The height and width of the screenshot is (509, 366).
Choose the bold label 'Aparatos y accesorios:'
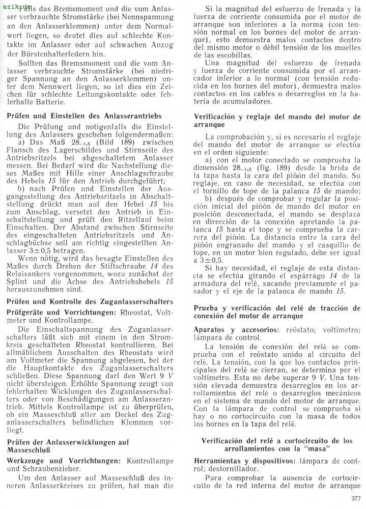tap(236, 329)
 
